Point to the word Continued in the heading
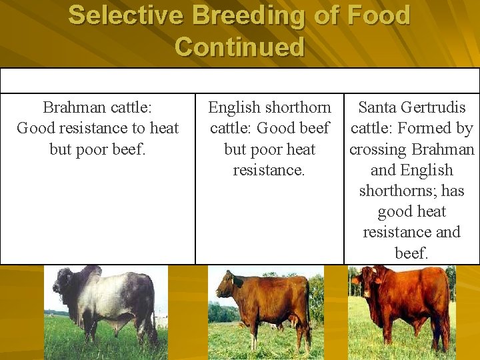[239, 47]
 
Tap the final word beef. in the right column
[411, 253]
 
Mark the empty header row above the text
[239, 80]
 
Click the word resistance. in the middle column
[269, 170]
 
